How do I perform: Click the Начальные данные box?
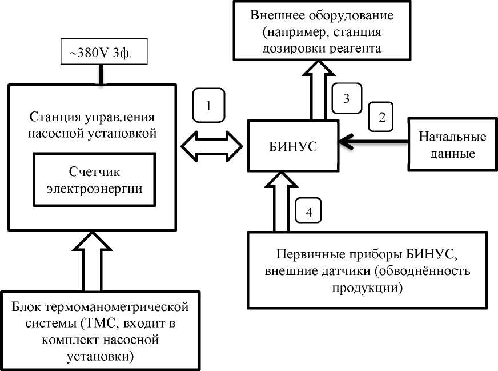coord(452,145)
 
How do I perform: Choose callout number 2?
coord(383,117)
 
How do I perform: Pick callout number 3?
coord(346,98)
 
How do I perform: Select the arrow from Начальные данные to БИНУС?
coord(379,144)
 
